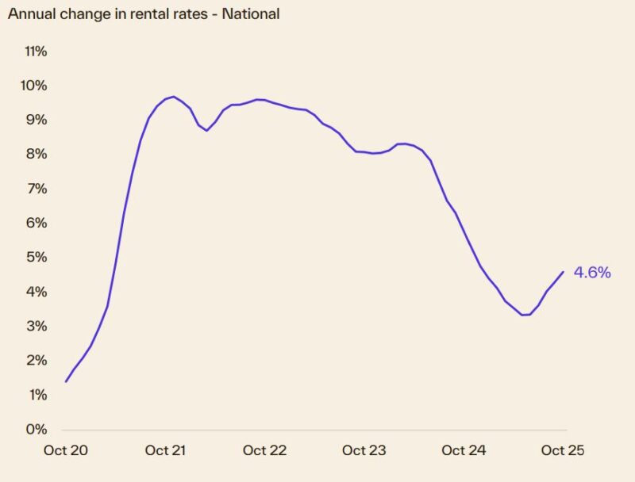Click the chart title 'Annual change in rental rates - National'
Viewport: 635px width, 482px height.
click(144, 14)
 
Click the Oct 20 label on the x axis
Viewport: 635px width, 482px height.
click(65, 450)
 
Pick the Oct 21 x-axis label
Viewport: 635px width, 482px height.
click(165, 450)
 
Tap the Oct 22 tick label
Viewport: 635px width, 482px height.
click(264, 450)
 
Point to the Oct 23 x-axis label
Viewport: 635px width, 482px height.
click(364, 450)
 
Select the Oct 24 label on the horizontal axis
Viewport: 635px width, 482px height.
click(464, 450)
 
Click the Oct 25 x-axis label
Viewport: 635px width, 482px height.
click(563, 450)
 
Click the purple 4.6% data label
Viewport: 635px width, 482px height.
click(592, 273)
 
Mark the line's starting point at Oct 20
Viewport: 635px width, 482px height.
click(66, 381)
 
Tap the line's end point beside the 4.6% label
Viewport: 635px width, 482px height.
click(563, 272)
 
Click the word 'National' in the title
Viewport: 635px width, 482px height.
click(252, 14)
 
